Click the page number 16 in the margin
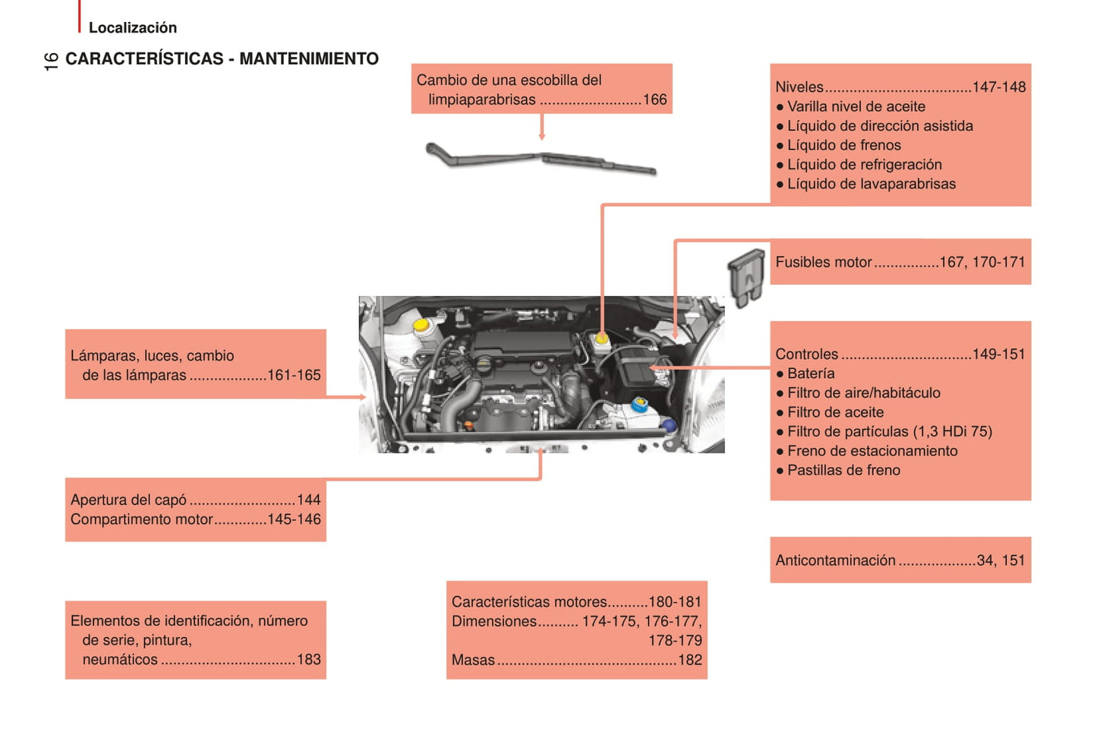click(x=51, y=61)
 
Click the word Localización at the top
click(x=132, y=28)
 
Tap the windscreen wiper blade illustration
click(x=541, y=159)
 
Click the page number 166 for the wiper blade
click(x=654, y=99)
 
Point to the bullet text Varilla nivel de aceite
click(x=856, y=106)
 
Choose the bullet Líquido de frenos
click(x=843, y=145)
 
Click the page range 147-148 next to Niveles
click(x=998, y=87)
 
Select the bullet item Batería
click(x=810, y=374)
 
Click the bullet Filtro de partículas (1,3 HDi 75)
click(x=889, y=431)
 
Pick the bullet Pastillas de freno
click(x=843, y=470)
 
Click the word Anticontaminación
click(x=835, y=560)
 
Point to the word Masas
click(x=473, y=660)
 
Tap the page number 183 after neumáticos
click(x=308, y=659)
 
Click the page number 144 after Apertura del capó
click(x=308, y=500)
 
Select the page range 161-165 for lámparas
click(x=294, y=375)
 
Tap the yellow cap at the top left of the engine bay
click(x=420, y=324)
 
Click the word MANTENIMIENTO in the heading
click(x=308, y=59)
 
